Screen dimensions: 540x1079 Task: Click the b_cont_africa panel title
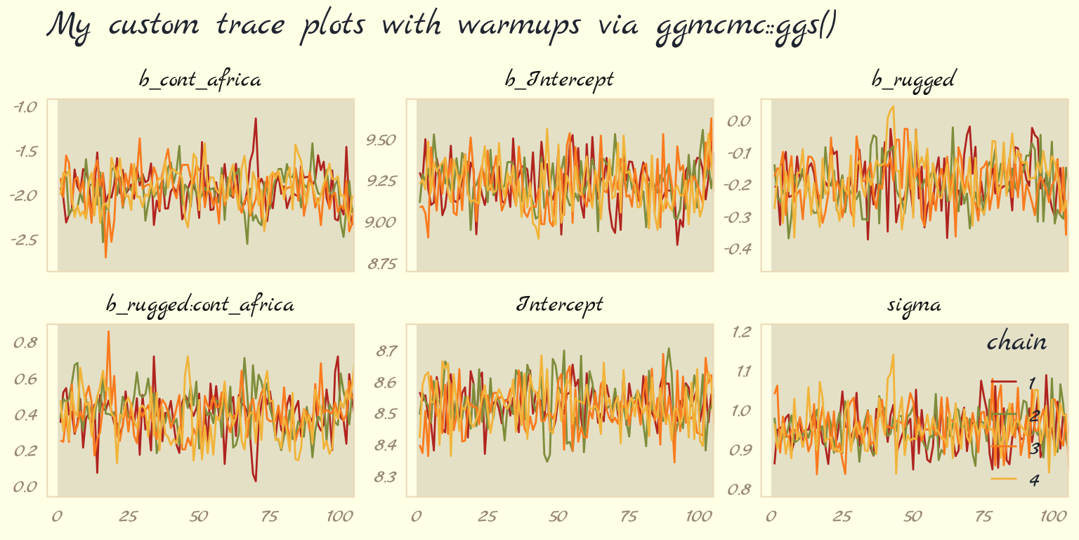point(200,79)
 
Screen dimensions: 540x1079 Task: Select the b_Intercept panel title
point(559,79)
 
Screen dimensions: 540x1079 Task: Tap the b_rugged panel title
point(913,79)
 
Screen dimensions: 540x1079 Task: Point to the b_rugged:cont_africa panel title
point(200,305)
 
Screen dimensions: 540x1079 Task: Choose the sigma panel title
point(913,305)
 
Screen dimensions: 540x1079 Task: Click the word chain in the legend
point(1016,342)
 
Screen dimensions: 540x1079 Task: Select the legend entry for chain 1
point(1015,382)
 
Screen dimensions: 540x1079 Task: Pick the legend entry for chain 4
point(1015,480)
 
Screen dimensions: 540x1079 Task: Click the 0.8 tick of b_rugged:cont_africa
point(25,342)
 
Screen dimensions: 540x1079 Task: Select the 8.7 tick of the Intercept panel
point(386,350)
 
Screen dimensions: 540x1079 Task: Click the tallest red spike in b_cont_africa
point(256,119)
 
